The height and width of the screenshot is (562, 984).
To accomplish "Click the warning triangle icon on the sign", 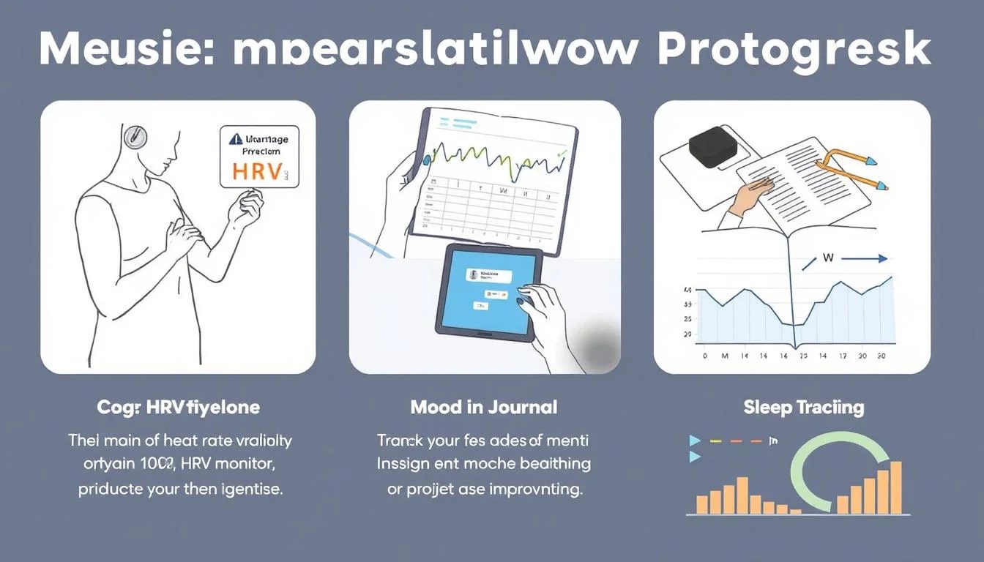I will (x=234, y=138).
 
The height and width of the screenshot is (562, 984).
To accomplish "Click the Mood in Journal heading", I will (x=484, y=407).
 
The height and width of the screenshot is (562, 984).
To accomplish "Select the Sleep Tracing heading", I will (x=803, y=407).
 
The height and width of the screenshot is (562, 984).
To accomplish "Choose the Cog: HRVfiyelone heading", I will (x=178, y=407).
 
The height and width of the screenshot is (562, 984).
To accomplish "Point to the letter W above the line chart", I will (x=828, y=258).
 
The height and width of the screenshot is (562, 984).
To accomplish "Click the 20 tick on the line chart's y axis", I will (x=687, y=334).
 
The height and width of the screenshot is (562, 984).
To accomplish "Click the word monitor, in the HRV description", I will (x=243, y=465).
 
